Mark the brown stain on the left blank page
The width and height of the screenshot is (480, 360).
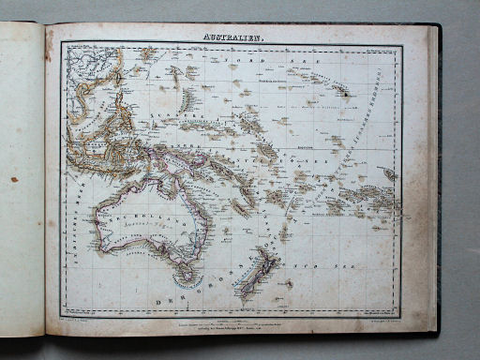pyautogui.click(x=13, y=179)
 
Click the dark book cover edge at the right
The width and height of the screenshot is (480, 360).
pyautogui.click(x=434, y=178)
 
